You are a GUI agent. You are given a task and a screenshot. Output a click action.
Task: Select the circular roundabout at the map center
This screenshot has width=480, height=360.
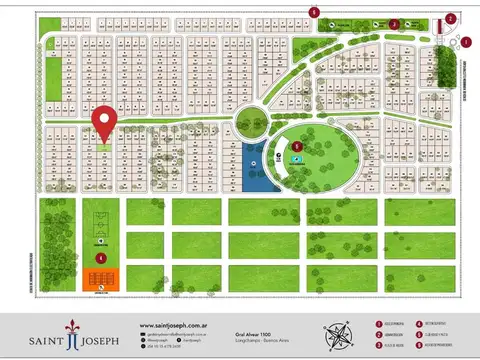(x=249, y=123)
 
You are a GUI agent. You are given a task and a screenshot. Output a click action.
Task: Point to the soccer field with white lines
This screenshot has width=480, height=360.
(x=101, y=225)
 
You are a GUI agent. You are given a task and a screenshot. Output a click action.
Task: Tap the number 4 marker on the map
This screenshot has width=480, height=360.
(x=101, y=258)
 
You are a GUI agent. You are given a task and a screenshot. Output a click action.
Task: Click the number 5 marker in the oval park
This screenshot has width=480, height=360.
(x=298, y=146)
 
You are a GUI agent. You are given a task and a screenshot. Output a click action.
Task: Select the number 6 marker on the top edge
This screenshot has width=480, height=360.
(x=314, y=12)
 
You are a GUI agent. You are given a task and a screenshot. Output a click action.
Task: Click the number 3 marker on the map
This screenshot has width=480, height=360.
(x=394, y=24)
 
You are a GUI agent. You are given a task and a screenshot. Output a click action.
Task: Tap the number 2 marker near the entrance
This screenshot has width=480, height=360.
(x=451, y=18)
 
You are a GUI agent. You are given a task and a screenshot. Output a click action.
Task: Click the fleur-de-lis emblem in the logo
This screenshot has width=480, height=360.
(x=72, y=332)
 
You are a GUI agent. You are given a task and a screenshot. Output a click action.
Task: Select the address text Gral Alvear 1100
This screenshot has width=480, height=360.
(x=252, y=335)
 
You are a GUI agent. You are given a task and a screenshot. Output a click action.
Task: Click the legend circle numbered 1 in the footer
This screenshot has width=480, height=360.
(x=379, y=324)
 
